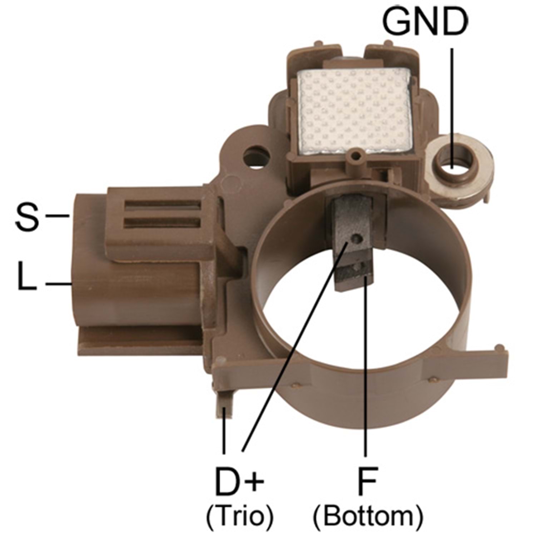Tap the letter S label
pos(27,216)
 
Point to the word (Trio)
pos(240,516)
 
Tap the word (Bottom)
pos(368,516)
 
